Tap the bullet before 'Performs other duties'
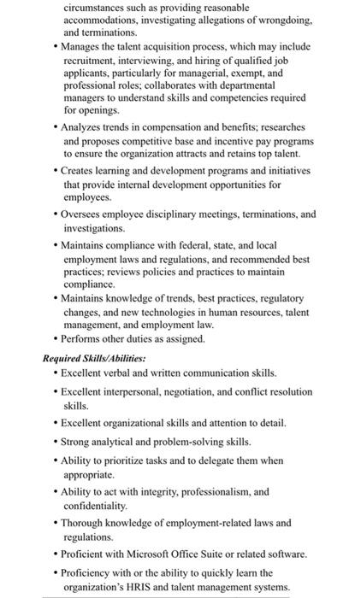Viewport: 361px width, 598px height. click(x=56, y=338)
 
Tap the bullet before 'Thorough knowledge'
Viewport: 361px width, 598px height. click(x=56, y=522)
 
